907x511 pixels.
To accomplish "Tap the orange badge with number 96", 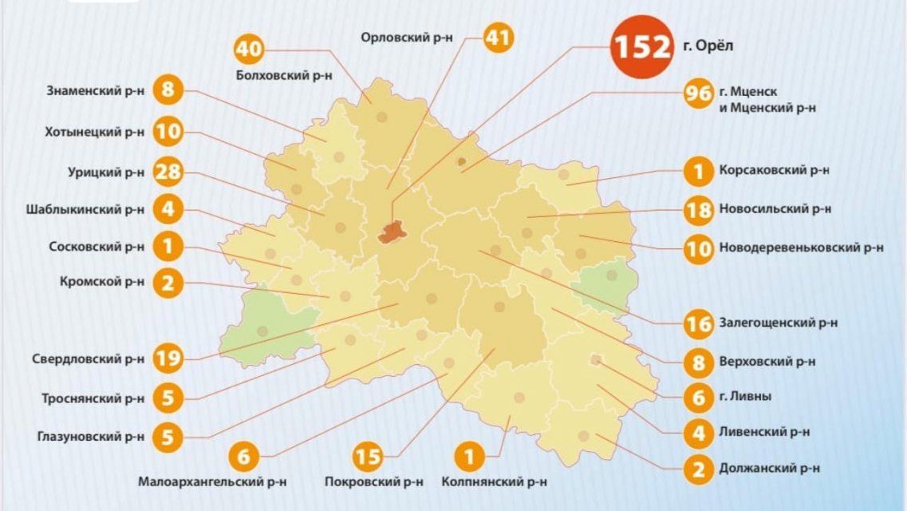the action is coord(698,93).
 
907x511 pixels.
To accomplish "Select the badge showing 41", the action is coord(499,38).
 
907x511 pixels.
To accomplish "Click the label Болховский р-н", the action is coord(285,76).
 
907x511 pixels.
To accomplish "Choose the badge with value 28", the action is coord(168,171).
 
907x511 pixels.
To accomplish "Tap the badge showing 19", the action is coord(168,358).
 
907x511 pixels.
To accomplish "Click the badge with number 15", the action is coord(368,458).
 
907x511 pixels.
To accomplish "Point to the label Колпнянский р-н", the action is coord(495,482).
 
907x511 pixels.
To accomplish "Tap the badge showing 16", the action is coord(698,323).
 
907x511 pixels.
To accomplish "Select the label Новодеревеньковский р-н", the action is coord(800,248).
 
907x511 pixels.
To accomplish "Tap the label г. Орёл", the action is coord(708,46).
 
